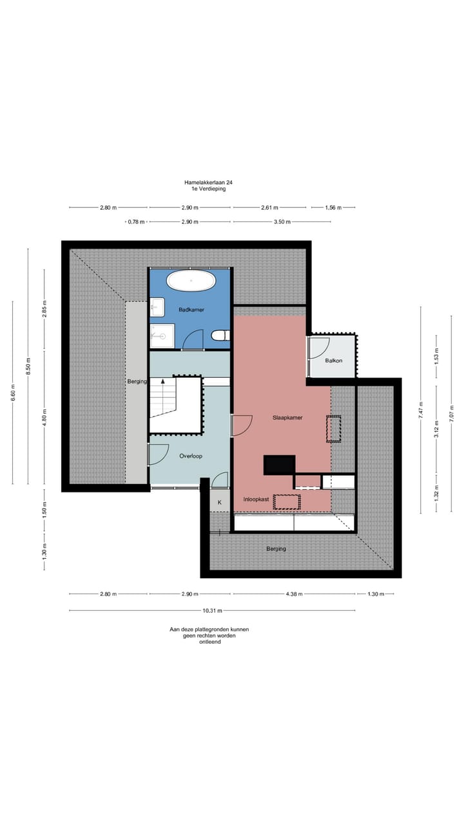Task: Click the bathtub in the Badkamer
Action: pyautogui.click(x=191, y=281)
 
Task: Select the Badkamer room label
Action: pyautogui.click(x=191, y=310)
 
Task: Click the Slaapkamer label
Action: pyautogui.click(x=287, y=417)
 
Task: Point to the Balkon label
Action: pyautogui.click(x=334, y=360)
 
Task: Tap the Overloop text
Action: pyautogui.click(x=191, y=456)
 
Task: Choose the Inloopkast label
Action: pyautogui.click(x=255, y=499)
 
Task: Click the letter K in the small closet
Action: pyautogui.click(x=219, y=501)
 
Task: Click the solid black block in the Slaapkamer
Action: pyautogui.click(x=279, y=464)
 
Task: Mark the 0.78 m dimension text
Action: pyautogui.click(x=135, y=221)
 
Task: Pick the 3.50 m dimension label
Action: pyautogui.click(x=283, y=221)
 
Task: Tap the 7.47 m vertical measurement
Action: pyautogui.click(x=421, y=410)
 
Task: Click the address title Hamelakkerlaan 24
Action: pyautogui.click(x=208, y=182)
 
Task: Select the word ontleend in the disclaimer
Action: pyautogui.click(x=209, y=642)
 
